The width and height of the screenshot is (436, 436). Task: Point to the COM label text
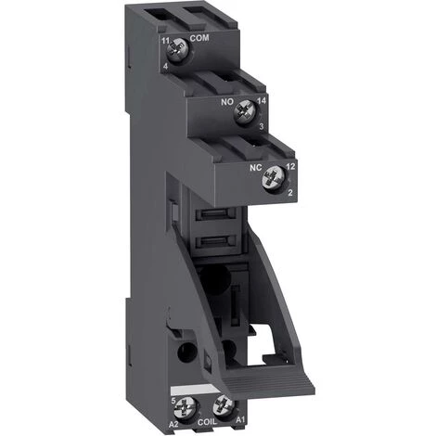[198, 38]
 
